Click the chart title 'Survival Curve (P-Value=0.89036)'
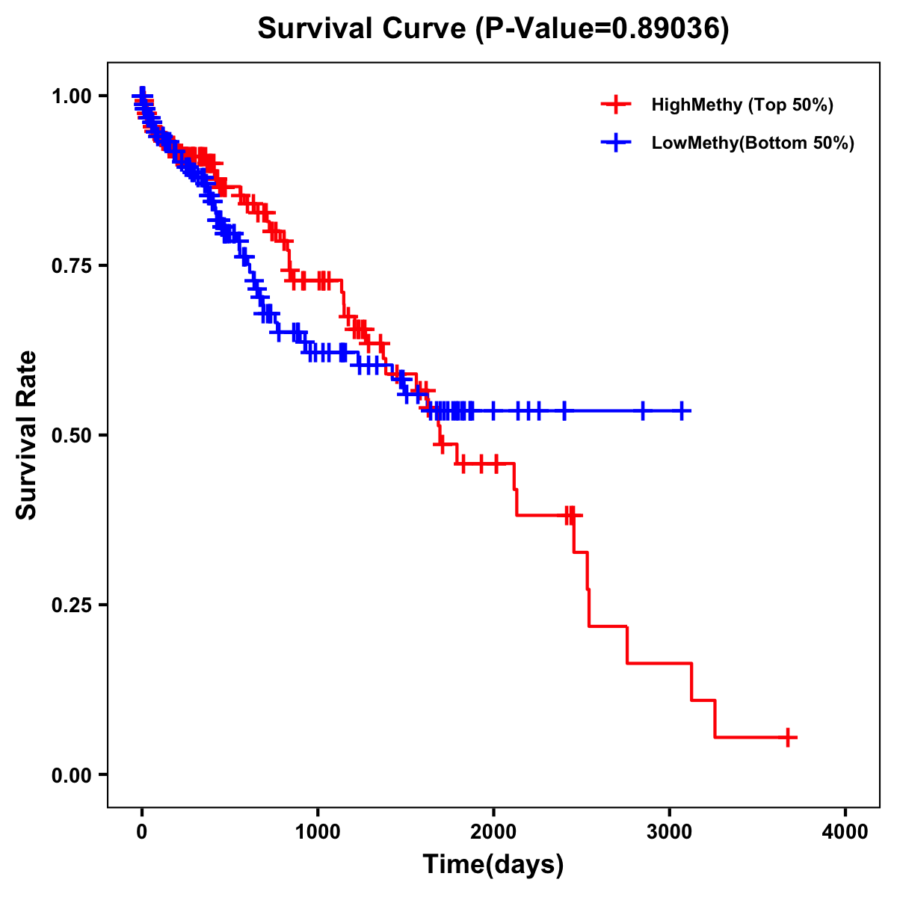(493, 28)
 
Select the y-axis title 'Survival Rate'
(27, 434)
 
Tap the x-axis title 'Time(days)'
(493, 864)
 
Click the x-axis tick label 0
(142, 832)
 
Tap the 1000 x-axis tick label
(318, 832)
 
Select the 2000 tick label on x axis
(493, 832)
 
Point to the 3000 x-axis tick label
(670, 832)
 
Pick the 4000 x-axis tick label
(845, 832)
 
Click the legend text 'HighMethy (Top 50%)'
(742, 105)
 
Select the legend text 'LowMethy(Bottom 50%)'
(753, 143)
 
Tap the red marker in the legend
(615, 105)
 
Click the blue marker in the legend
(615, 143)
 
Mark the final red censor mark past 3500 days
(787, 738)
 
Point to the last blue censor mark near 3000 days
(682, 411)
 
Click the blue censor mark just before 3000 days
(642, 411)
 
